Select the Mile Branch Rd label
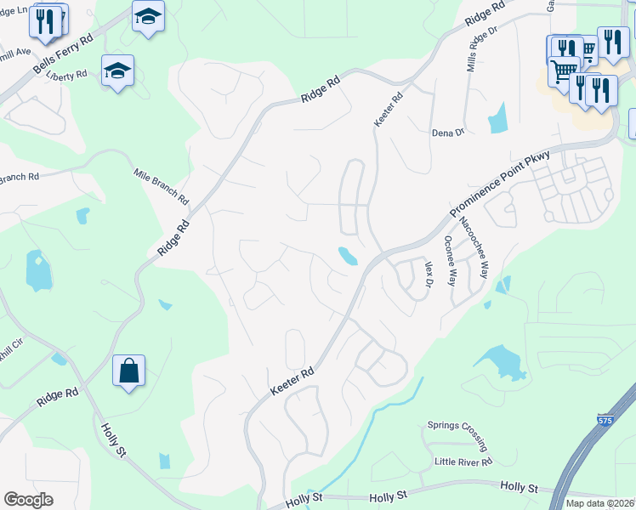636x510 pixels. (162, 186)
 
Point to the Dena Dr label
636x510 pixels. (447, 133)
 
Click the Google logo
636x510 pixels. (28, 500)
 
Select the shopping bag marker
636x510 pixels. (128, 371)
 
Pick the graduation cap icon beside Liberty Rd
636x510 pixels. (117, 71)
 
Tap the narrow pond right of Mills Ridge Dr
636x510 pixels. (497, 118)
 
